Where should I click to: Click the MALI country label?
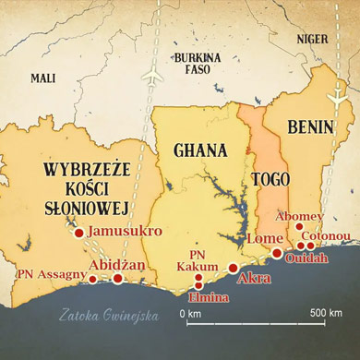(43, 78)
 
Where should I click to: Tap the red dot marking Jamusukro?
(79, 233)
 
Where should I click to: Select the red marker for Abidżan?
(117, 277)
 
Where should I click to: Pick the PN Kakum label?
(198, 260)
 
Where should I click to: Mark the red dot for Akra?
(234, 268)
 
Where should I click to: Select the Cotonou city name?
(331, 235)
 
